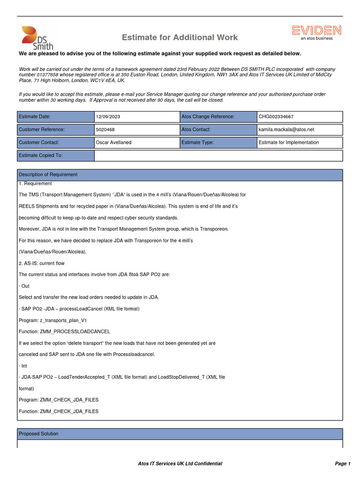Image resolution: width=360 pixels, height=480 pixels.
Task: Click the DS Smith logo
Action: point(37,38)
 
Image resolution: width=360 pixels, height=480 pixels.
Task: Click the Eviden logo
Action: point(316,33)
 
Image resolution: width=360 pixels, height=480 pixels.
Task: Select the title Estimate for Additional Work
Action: point(180,37)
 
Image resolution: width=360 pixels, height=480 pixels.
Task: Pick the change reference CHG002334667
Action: point(276,117)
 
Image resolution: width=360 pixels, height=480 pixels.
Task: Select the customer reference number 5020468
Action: point(105,129)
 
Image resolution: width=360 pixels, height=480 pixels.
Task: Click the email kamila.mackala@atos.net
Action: point(286,129)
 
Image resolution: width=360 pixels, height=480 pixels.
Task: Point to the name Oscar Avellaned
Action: point(114,142)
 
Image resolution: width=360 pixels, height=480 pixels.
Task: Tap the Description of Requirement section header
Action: point(48,174)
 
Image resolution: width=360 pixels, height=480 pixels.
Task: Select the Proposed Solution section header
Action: point(38,434)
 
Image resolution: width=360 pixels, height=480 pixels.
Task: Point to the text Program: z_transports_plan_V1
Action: point(53,320)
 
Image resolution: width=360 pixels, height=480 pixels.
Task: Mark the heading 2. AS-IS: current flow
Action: point(42,263)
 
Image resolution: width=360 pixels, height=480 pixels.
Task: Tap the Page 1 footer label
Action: point(343,464)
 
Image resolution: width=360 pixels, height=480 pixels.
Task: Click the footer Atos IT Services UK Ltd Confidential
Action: point(180,464)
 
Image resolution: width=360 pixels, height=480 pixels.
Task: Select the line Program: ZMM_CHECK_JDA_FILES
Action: point(59,399)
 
